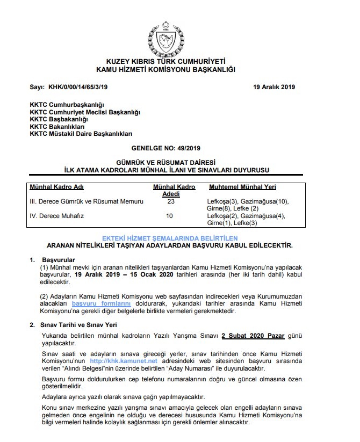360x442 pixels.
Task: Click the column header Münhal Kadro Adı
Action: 56,187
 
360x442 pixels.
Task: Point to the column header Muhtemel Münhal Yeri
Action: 242,187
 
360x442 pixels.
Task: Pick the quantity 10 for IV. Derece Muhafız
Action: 170,216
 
